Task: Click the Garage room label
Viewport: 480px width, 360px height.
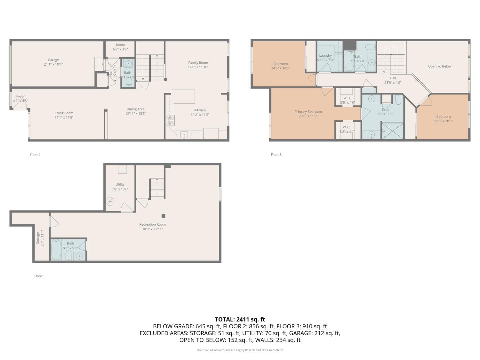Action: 53,60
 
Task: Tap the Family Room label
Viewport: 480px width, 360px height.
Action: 198,63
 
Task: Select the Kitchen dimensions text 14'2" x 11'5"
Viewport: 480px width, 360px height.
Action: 200,115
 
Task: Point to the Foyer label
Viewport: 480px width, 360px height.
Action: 20,96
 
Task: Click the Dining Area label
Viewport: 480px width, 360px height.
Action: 136,109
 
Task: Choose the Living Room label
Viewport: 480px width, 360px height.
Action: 64,113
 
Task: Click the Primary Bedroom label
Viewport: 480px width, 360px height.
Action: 308,112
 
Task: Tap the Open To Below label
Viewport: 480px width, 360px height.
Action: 440,66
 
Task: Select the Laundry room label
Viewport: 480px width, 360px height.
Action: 325,56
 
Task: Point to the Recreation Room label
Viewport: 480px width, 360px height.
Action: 153,224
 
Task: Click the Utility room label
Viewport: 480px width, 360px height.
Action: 120,184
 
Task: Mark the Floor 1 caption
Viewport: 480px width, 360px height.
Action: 40,276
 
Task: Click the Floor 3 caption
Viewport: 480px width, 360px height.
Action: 276,155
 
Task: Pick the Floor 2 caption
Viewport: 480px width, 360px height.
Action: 35,155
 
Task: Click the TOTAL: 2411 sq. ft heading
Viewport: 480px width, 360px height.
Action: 240,319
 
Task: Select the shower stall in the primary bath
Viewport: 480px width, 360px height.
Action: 393,131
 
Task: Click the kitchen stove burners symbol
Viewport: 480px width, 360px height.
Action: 170,120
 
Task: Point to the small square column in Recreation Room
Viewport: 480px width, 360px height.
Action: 164,216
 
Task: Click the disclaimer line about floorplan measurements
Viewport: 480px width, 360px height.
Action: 240,350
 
